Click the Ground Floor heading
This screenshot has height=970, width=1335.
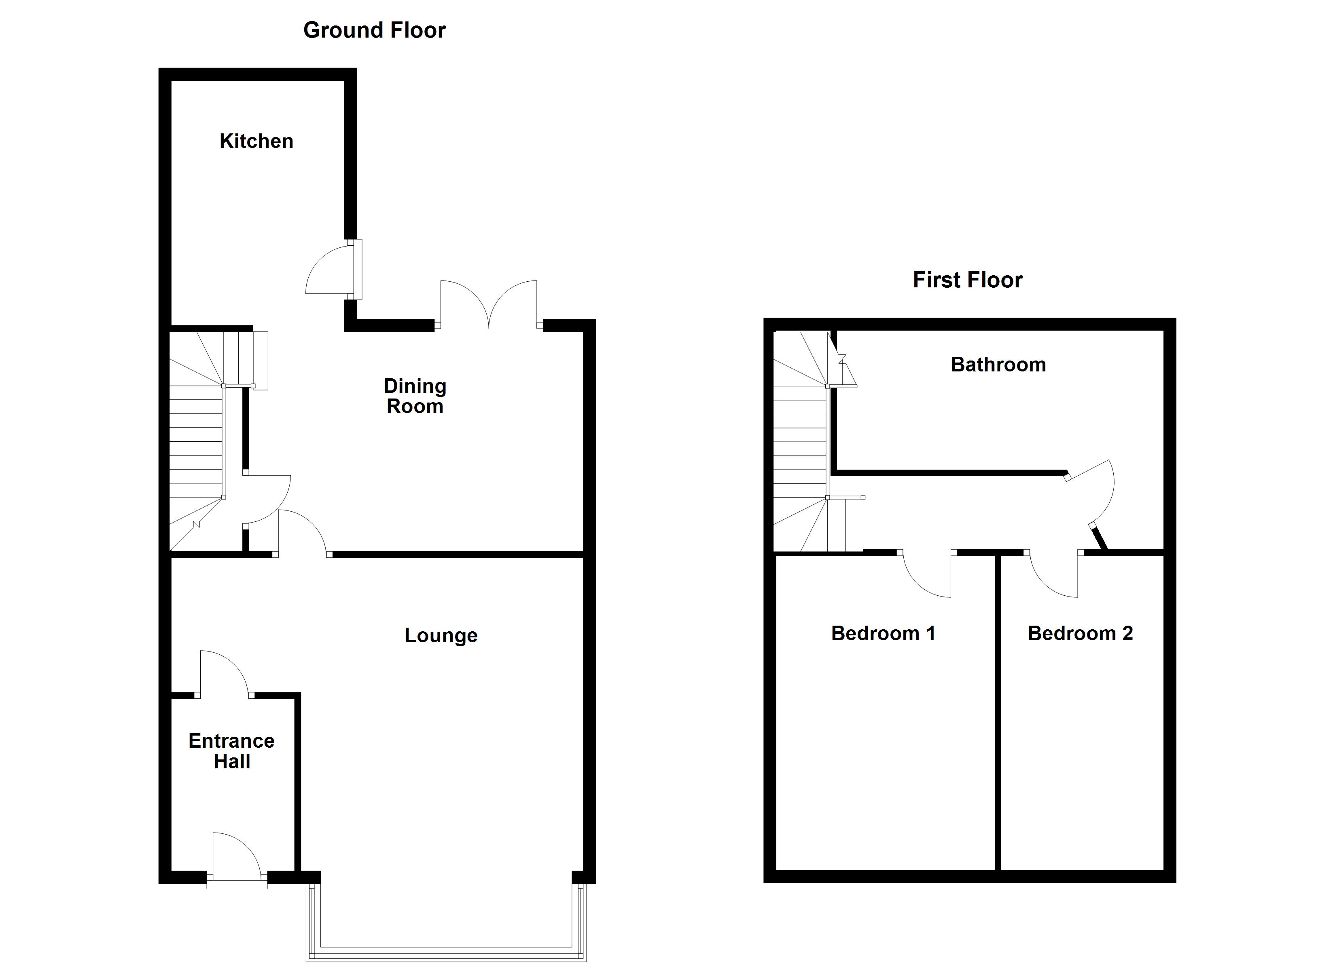click(x=374, y=30)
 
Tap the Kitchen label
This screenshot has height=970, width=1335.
click(x=256, y=141)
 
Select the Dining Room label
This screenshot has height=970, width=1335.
click(x=415, y=396)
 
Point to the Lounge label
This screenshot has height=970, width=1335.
click(x=441, y=635)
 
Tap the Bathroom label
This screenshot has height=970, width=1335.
click(x=998, y=365)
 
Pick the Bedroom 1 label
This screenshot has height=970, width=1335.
click(x=883, y=633)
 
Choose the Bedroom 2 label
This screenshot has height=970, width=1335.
click(x=1080, y=633)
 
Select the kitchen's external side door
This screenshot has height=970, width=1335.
click(x=333, y=270)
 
